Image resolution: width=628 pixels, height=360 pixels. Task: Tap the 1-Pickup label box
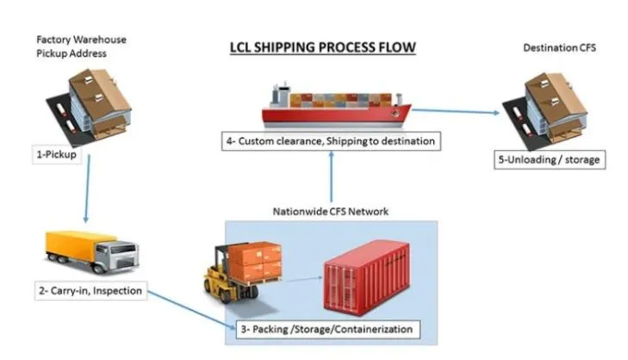coord(53,156)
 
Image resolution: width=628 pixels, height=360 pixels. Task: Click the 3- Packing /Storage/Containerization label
coord(328,329)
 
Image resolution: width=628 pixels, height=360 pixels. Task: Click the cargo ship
coord(336,109)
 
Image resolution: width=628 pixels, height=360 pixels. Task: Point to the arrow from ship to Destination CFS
coord(457,109)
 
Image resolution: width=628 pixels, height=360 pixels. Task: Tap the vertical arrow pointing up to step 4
coord(332,182)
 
